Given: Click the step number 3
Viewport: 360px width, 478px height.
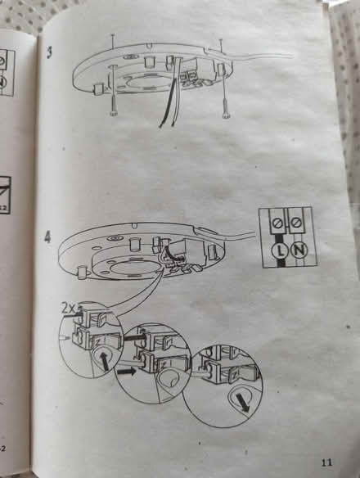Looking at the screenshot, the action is [49, 52].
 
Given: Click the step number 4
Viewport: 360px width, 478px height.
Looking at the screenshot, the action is [47, 237].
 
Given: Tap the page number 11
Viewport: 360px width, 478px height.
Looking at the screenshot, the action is [326, 462].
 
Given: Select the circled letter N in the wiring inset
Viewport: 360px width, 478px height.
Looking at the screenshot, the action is [299, 250].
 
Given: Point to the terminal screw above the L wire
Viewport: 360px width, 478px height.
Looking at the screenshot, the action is [279, 224].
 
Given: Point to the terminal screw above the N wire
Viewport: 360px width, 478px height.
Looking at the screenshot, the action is [295, 223].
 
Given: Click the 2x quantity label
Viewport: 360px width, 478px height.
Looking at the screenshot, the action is [69, 309].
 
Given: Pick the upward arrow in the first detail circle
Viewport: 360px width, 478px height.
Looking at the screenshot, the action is [104, 360].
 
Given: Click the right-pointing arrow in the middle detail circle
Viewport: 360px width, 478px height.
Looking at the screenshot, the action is [127, 372].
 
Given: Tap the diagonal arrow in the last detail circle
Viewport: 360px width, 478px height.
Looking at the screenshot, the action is [243, 402].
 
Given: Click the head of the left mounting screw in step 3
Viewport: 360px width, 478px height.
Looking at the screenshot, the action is [113, 114].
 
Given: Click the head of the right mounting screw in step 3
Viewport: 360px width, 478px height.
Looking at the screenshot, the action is [226, 115].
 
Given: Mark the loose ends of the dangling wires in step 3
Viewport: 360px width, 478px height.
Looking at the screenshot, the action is [166, 124].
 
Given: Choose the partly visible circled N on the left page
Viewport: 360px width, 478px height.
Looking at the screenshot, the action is [3, 82].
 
